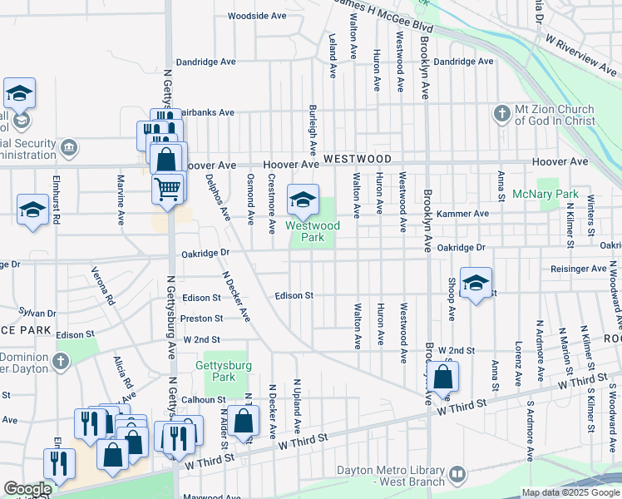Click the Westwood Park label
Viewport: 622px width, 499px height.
(x=313, y=231)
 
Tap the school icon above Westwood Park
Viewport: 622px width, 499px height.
(x=303, y=200)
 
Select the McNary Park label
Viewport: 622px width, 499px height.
(x=556, y=194)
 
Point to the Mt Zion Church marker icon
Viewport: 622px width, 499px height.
(x=501, y=113)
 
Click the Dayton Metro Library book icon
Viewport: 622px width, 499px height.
(x=457, y=474)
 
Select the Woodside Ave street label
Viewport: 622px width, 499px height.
(x=257, y=16)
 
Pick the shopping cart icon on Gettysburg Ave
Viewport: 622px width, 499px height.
(x=168, y=188)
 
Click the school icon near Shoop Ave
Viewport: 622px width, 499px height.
(x=476, y=283)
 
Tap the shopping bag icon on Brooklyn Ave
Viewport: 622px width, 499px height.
(x=443, y=378)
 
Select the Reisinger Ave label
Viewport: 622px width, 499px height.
(x=578, y=269)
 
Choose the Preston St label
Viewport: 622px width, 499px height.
(x=202, y=318)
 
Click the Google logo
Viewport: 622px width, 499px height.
(x=27, y=489)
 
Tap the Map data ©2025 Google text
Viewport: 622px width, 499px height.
(x=570, y=492)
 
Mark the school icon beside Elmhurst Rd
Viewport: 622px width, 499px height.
(x=32, y=210)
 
